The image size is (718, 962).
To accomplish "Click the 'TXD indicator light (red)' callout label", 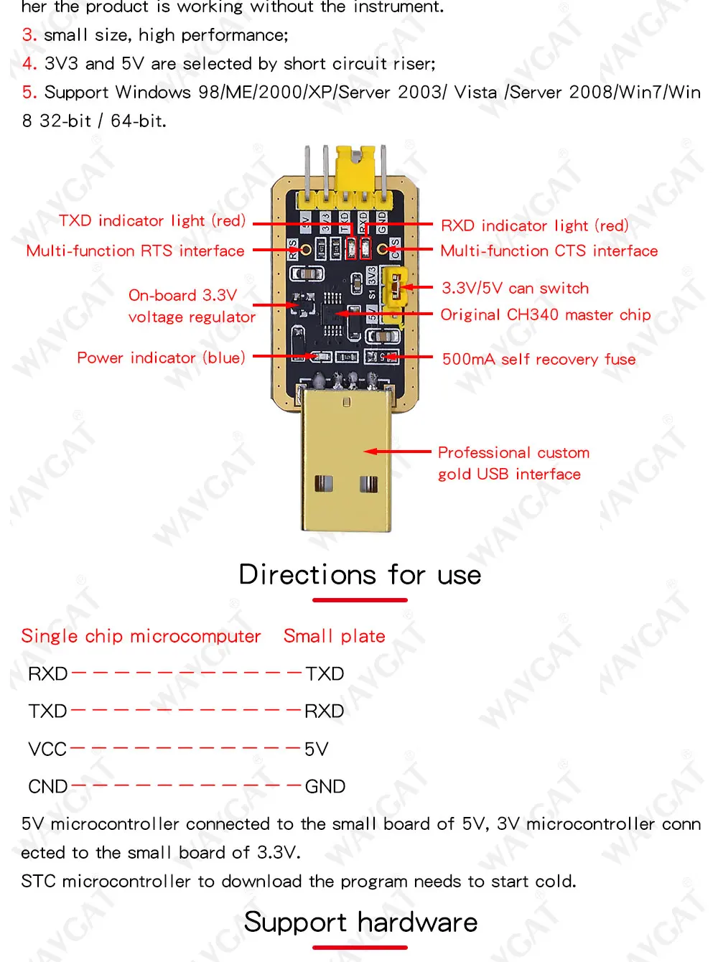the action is (x=152, y=220).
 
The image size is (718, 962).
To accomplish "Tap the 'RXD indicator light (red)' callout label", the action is (x=534, y=225).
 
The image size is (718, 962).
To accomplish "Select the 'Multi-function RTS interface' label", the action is (x=135, y=251).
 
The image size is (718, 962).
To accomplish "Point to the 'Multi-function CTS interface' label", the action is (x=549, y=251).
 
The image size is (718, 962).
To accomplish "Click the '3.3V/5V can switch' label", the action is (x=515, y=288).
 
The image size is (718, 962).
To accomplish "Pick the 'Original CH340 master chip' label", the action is (x=545, y=314).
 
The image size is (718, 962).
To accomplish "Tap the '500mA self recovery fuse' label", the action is (x=538, y=359).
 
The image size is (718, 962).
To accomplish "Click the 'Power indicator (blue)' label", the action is (x=161, y=358).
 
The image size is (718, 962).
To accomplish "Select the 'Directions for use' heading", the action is (x=360, y=575).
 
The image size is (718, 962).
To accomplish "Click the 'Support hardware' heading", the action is (x=360, y=922).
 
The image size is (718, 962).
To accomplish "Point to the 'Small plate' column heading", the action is (x=334, y=636).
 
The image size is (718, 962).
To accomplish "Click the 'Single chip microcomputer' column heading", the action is (x=141, y=636).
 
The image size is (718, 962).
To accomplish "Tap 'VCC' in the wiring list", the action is (x=47, y=749).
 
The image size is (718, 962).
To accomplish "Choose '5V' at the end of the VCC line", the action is (x=316, y=749).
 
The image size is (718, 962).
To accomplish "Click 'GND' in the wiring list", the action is (x=325, y=787).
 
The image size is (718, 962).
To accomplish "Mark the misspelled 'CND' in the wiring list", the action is (x=47, y=787).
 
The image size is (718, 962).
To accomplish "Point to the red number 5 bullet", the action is (x=29, y=93).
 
